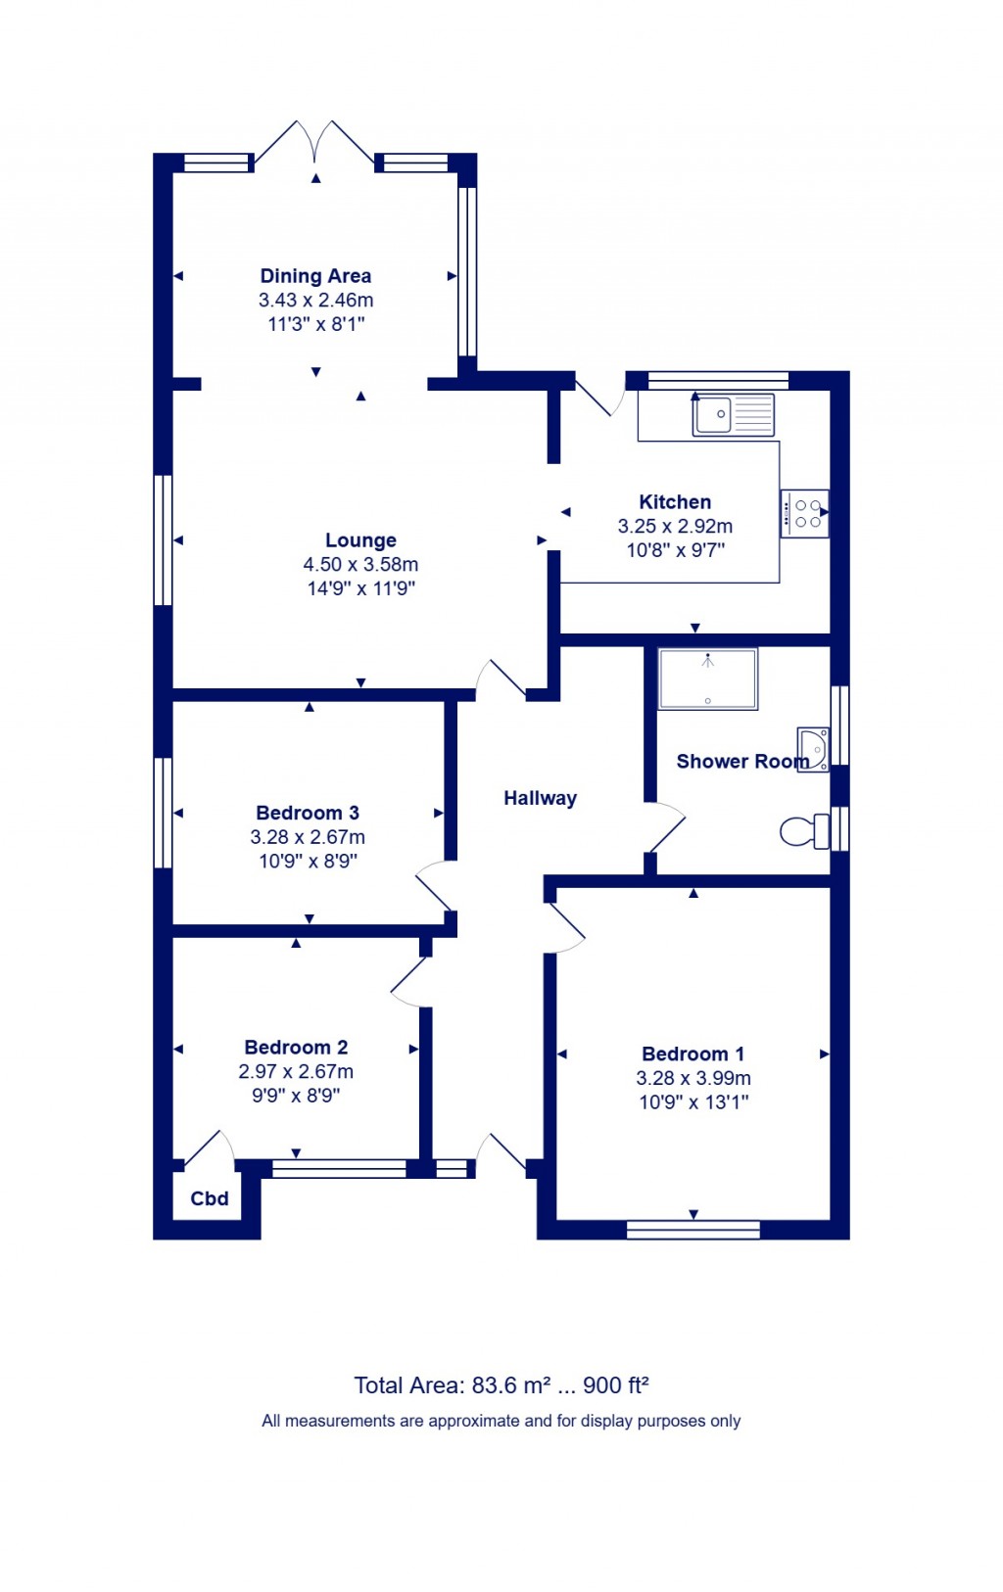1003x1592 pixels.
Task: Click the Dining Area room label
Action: click(315, 276)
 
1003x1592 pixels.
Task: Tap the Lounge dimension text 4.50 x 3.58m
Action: click(360, 565)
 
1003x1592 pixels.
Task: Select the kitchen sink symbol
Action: click(733, 414)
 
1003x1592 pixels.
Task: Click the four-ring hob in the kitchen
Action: click(805, 513)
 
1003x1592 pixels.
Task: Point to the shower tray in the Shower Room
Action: click(708, 679)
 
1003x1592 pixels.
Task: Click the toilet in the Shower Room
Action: click(805, 832)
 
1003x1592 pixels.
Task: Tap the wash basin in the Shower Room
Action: click(814, 749)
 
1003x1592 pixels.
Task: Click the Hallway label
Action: click(540, 798)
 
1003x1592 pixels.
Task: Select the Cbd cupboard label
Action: click(210, 1198)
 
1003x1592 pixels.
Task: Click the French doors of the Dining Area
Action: click(315, 143)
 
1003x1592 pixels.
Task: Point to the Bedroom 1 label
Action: click(693, 1054)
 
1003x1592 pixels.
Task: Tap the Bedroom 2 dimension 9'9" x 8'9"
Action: click(296, 1096)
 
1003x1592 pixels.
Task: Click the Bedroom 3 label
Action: click(307, 813)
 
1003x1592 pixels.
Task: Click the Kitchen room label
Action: click(675, 502)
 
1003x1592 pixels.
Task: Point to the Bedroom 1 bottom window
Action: click(693, 1230)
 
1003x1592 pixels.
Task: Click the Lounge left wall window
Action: click(164, 540)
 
